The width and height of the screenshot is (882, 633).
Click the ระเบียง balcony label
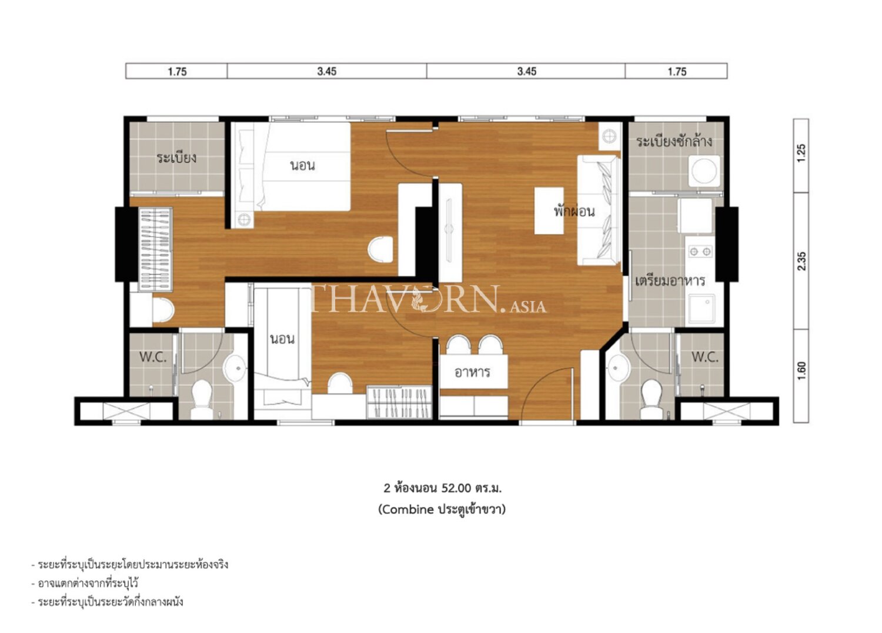176,158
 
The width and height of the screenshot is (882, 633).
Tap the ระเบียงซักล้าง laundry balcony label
674,141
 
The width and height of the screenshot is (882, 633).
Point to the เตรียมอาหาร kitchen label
670,281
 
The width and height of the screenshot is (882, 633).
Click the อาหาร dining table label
472,371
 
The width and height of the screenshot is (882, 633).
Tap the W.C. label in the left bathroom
153,357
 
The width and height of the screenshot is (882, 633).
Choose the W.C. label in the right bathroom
705,357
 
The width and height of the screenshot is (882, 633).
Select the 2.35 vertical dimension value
801,262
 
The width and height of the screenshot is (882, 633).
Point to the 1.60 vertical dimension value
801,371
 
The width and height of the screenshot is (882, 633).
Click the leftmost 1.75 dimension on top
177,72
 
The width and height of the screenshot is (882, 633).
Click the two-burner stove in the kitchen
700,251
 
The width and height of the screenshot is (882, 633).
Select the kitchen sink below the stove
702,309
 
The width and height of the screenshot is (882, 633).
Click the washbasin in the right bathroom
619,368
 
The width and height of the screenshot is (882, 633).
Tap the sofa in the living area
599,210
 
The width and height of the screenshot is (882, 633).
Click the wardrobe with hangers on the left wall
156,250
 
